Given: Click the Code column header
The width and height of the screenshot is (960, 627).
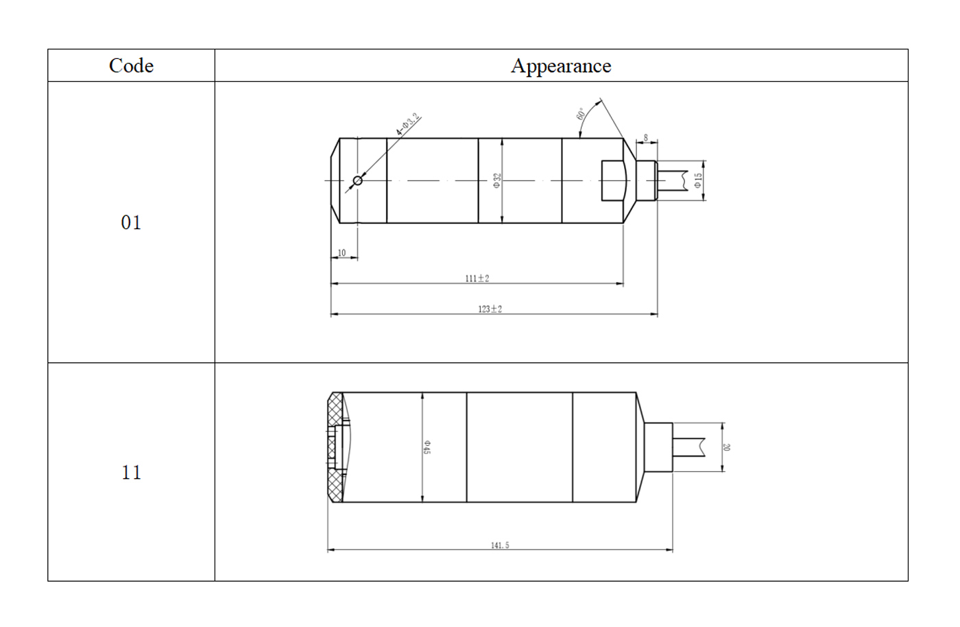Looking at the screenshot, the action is pyautogui.click(x=131, y=66).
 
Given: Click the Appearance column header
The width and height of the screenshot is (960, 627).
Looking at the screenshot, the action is pyautogui.click(x=561, y=66).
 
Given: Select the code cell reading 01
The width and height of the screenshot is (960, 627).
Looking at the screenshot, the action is pyautogui.click(x=131, y=222).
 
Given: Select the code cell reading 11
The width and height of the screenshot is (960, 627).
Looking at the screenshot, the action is pyautogui.click(x=131, y=472).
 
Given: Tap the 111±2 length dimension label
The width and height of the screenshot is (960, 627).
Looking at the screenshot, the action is pyautogui.click(x=477, y=279).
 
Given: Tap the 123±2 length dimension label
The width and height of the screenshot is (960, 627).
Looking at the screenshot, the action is pyautogui.click(x=490, y=309).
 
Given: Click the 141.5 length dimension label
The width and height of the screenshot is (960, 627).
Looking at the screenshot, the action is pyautogui.click(x=500, y=545).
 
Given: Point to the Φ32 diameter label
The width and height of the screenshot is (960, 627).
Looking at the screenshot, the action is pyautogui.click(x=496, y=180).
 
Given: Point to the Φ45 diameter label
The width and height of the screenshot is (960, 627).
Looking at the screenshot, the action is pyautogui.click(x=427, y=447).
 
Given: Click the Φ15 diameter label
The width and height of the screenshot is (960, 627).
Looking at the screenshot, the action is pyautogui.click(x=698, y=180).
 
